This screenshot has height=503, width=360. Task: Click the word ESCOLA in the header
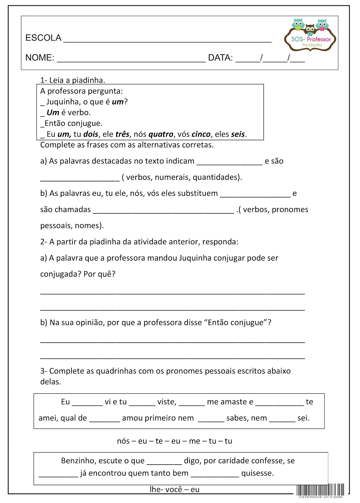[43, 38]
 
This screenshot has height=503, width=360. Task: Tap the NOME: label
[40, 58]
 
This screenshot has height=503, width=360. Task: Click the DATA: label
[220, 58]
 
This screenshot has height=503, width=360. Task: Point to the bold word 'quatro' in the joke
[161, 134]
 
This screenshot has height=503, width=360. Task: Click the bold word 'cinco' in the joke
[201, 134]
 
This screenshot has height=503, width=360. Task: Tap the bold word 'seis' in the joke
[238, 134]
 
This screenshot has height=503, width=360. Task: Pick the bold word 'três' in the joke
[122, 134]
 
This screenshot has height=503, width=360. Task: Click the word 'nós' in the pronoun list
[123, 441]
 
